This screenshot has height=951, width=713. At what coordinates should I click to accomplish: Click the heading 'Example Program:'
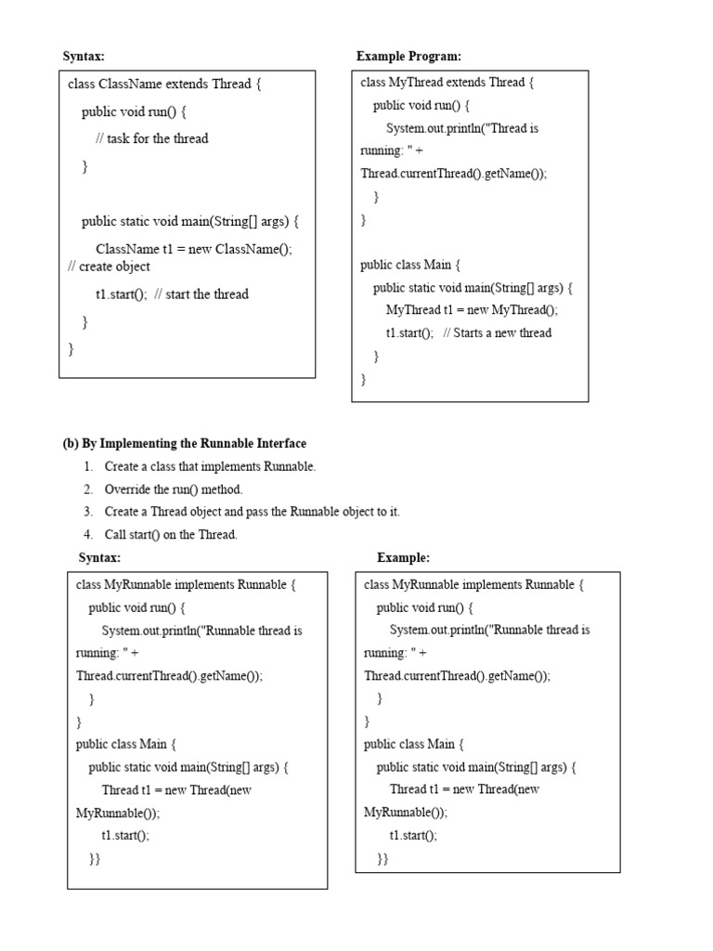[408, 57]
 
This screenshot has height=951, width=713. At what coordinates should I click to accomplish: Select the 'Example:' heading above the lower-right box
[403, 557]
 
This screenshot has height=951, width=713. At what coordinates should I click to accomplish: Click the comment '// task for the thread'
[151, 138]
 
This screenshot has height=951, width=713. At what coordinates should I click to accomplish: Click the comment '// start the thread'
[201, 294]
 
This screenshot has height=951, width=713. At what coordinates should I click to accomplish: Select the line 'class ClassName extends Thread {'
[164, 84]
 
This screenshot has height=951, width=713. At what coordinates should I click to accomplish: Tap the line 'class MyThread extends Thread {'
[447, 83]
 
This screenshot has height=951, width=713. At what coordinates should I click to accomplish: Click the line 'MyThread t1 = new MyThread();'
[473, 310]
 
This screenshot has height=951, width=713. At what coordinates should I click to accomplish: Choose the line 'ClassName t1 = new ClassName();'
[194, 249]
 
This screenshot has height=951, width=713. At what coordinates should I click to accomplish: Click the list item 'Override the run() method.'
[174, 489]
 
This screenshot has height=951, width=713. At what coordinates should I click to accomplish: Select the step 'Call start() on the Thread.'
[171, 534]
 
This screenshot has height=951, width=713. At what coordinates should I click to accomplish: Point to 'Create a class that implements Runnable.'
[210, 466]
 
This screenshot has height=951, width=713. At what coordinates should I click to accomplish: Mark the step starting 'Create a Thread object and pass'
[252, 512]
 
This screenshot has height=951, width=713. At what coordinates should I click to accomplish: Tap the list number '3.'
[88, 512]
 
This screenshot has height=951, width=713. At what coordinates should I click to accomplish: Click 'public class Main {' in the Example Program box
[409, 265]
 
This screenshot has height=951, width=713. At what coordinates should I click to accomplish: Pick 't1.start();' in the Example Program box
[409, 332]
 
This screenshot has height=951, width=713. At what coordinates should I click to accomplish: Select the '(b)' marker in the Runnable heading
[71, 444]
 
